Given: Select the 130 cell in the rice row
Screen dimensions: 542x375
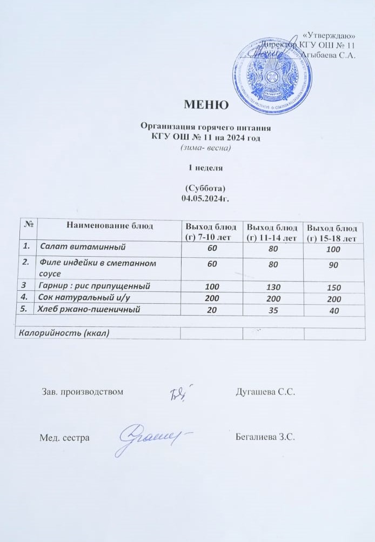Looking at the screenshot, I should pos(273,286).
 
